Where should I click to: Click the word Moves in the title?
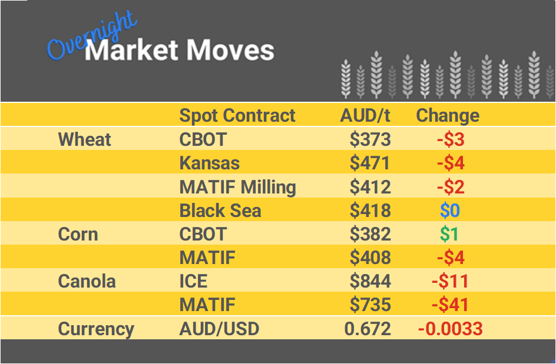[x=230, y=51]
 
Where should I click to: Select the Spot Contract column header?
[x=237, y=115]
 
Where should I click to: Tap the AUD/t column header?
[x=365, y=115]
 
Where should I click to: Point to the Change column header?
[x=448, y=115]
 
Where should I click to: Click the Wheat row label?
[x=84, y=139]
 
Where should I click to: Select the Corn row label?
[x=78, y=234]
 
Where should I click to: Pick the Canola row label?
[x=87, y=281]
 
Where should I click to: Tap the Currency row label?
[x=96, y=329]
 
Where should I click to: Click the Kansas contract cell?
[x=209, y=163]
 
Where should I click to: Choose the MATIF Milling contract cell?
[x=237, y=187]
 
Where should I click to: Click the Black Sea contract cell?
[x=220, y=211]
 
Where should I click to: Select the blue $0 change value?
[x=450, y=211]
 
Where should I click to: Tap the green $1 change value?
[x=449, y=234]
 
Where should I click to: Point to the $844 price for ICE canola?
[x=370, y=281]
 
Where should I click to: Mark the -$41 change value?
[x=450, y=305]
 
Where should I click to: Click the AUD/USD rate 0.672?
[x=368, y=329]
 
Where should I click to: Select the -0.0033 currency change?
[x=450, y=329]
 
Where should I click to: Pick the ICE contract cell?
[x=193, y=281]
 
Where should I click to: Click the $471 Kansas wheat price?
[x=370, y=163]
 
